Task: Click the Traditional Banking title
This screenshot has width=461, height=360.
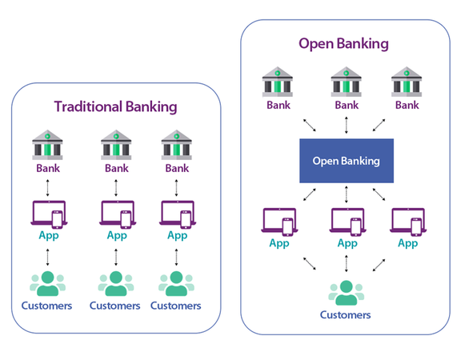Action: click(x=115, y=106)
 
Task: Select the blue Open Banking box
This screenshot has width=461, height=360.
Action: click(x=347, y=161)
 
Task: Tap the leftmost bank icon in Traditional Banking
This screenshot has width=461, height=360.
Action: click(x=48, y=146)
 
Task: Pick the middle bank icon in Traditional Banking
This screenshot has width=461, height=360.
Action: click(x=116, y=146)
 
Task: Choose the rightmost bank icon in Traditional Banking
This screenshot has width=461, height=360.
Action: click(x=177, y=146)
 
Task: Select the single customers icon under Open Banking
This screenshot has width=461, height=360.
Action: click(x=346, y=291)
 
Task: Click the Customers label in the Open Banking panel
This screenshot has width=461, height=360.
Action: click(x=346, y=315)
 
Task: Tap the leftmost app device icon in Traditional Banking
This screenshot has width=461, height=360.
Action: click(x=48, y=214)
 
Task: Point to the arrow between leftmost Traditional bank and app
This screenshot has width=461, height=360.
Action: click(x=48, y=186)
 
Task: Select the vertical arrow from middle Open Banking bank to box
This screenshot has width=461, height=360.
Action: click(x=347, y=124)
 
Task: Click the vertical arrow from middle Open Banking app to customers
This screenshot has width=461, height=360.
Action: click(x=347, y=262)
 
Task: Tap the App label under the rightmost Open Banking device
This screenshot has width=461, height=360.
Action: click(x=407, y=243)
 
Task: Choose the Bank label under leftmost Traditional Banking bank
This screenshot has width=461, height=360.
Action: click(x=48, y=169)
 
